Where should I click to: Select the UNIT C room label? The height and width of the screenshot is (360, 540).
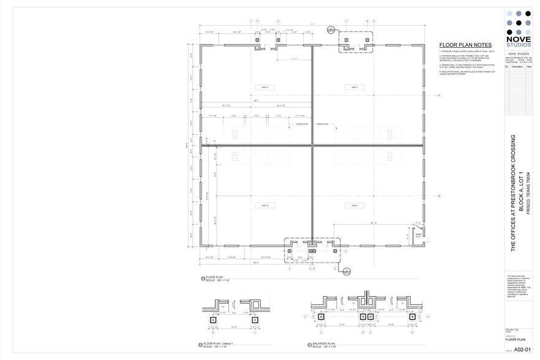[354, 88]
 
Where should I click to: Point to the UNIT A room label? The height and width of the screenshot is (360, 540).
[354, 206]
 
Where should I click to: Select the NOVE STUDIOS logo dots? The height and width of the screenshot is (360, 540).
[519, 22]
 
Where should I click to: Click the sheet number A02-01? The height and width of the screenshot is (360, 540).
[522, 349]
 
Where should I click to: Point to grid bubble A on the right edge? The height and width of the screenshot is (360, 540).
[439, 95]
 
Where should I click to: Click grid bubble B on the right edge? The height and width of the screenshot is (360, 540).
[439, 196]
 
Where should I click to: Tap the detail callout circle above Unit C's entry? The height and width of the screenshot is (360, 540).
[331, 29]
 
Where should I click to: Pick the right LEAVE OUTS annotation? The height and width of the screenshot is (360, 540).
[323, 124]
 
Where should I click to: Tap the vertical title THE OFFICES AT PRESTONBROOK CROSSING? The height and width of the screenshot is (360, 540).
[513, 193]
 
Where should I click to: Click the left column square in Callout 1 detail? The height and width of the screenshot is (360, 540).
[213, 320]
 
